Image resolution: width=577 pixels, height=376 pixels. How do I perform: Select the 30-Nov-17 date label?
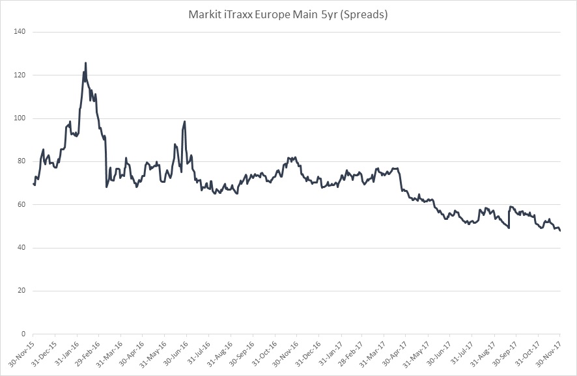pyautogui.click(x=552, y=353)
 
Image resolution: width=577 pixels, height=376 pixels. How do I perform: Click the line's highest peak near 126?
pyautogui.click(x=86, y=63)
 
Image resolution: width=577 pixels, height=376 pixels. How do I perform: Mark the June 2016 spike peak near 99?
pyautogui.click(x=185, y=121)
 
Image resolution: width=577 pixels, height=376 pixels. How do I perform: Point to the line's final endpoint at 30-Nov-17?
pyautogui.click(x=560, y=230)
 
